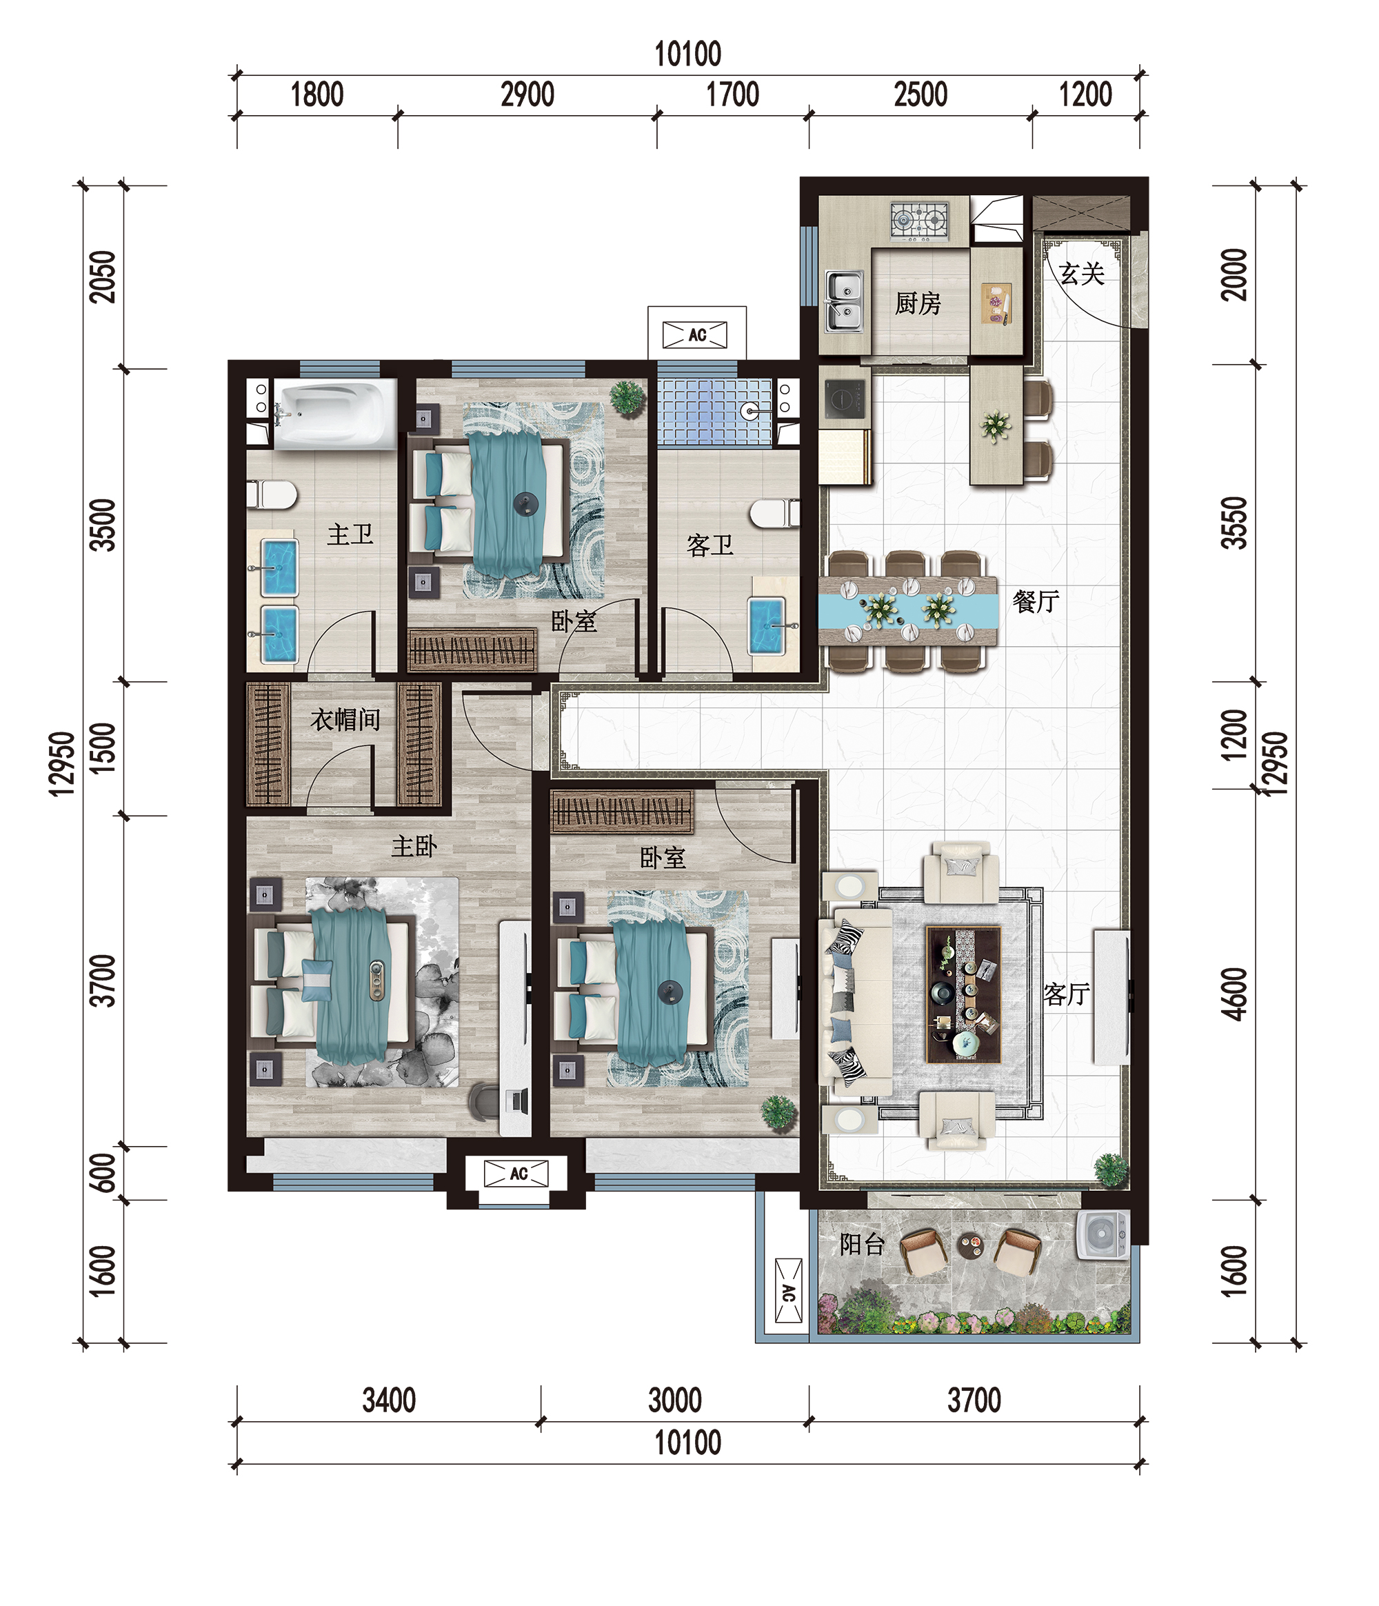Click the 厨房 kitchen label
pyautogui.click(x=918, y=303)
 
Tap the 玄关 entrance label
pyautogui.click(x=1081, y=274)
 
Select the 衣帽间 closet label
pyautogui.click(x=345, y=719)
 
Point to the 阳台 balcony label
pyautogui.click(x=862, y=1244)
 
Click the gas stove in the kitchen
pyautogui.click(x=919, y=220)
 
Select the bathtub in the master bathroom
pyautogui.click(x=335, y=414)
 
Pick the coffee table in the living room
pyautogui.click(x=963, y=994)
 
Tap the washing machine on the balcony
pyautogui.click(x=1103, y=1236)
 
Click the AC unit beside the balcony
pyautogui.click(x=788, y=1291)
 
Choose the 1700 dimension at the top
pyautogui.click(x=732, y=94)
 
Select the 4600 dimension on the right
pyautogui.click(x=1234, y=994)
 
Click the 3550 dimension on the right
pyautogui.click(x=1234, y=523)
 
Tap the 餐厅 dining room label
pyautogui.click(x=1036, y=601)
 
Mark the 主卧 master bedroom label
pyautogui.click(x=414, y=845)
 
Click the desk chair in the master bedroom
pyautogui.click(x=485, y=1101)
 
